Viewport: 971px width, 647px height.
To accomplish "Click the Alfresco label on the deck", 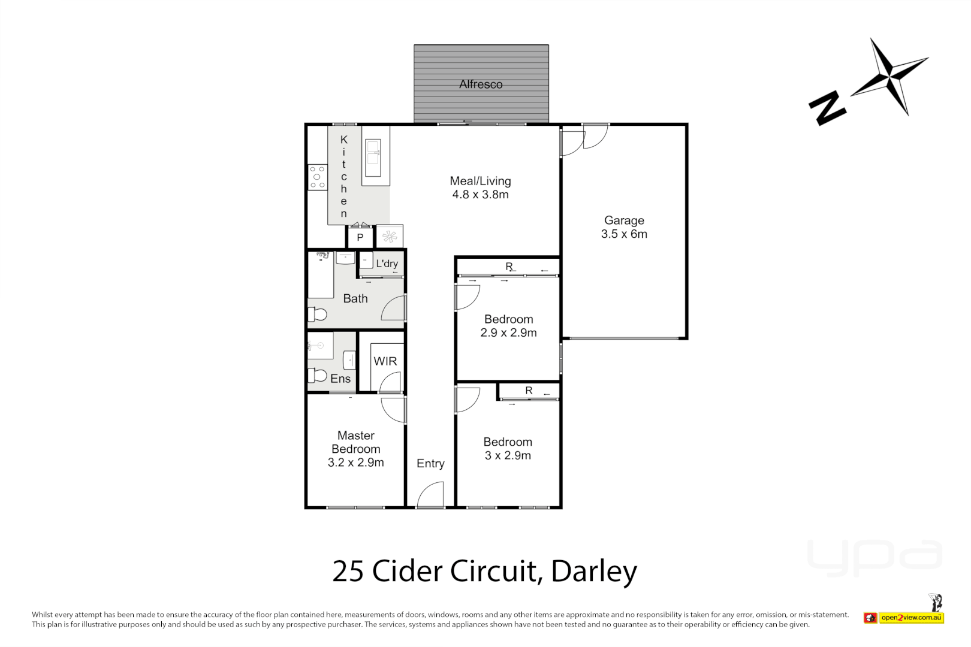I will (481, 84).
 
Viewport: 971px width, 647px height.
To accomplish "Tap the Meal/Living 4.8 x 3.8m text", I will (480, 188).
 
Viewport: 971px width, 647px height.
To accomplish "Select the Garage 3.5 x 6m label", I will (624, 227).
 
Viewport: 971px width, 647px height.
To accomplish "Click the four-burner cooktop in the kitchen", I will (318, 177).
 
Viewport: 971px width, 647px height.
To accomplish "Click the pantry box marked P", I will (360, 237).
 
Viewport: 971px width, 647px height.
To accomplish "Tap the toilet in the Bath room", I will (317, 314).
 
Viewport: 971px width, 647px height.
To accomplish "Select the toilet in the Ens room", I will (317, 376).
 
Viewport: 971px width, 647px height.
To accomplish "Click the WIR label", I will (385, 361).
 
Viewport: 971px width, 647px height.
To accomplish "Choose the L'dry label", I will (387, 264).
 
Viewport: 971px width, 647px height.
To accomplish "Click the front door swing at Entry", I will (430, 496).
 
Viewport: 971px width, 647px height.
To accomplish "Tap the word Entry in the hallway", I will (430, 463).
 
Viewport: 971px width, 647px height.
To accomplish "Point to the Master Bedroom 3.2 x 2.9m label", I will (355, 449).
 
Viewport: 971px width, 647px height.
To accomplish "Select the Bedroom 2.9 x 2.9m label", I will (508, 326).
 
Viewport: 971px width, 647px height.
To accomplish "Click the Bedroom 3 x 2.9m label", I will (508, 449).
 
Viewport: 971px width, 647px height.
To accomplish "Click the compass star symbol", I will (889, 77).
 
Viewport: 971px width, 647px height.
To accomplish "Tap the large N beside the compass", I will (827, 108).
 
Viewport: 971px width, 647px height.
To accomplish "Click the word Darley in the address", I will (593, 572).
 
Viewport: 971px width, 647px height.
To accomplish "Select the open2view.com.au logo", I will (911, 617).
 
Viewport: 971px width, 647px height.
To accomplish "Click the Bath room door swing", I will (394, 308).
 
